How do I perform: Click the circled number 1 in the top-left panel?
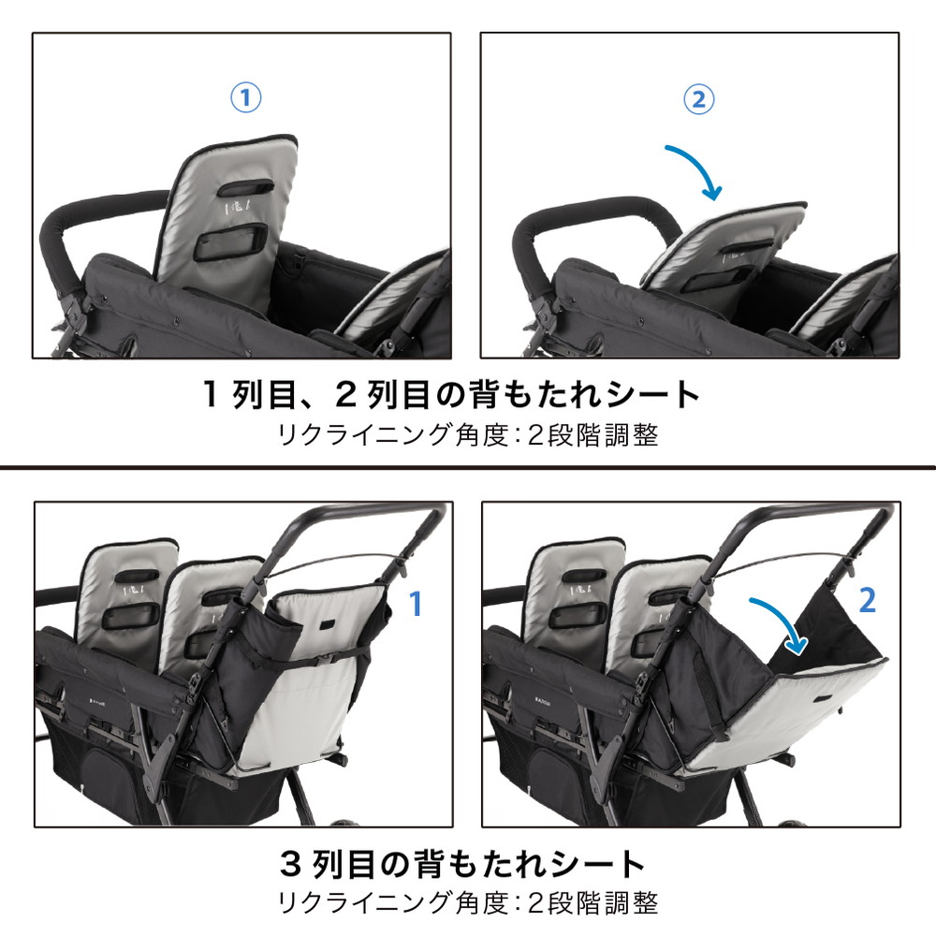pyautogui.click(x=245, y=98)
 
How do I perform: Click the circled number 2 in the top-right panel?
pyautogui.click(x=697, y=98)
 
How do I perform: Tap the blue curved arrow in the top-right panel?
pyautogui.click(x=695, y=168)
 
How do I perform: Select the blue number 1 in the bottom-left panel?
pyautogui.click(x=417, y=605)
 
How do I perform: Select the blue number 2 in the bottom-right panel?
pyautogui.click(x=867, y=601)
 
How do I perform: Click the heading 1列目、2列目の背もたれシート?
pyautogui.click(x=452, y=395)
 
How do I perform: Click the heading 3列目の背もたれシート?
pyautogui.click(x=464, y=863)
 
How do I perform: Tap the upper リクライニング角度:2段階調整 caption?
pyautogui.click(x=468, y=435)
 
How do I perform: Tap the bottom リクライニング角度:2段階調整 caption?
pyautogui.click(x=468, y=903)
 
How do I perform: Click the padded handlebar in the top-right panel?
pyautogui.click(x=562, y=225)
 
